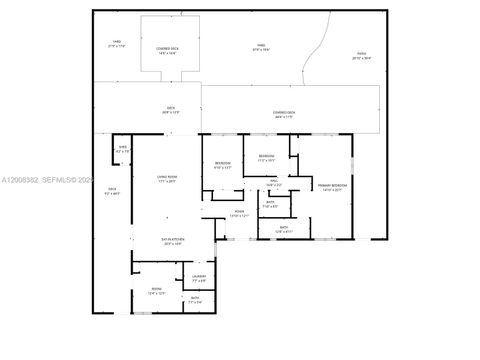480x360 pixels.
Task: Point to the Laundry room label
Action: tap(198, 277)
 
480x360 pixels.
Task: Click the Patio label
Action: tap(361, 57)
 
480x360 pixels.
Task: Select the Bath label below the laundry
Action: tap(195, 299)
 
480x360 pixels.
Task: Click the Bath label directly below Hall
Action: tap(271, 204)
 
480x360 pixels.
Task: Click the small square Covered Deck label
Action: tap(166, 50)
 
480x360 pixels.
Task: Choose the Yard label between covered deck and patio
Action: tap(261, 46)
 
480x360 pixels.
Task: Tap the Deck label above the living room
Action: tap(170, 110)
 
